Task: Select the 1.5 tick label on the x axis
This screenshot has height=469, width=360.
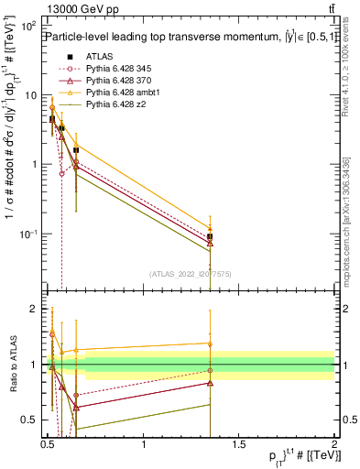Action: pyautogui.click(x=239, y=444)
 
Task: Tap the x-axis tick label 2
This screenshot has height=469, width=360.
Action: pyautogui.click(x=334, y=444)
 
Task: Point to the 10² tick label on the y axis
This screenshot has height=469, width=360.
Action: pyautogui.click(x=29, y=26)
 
